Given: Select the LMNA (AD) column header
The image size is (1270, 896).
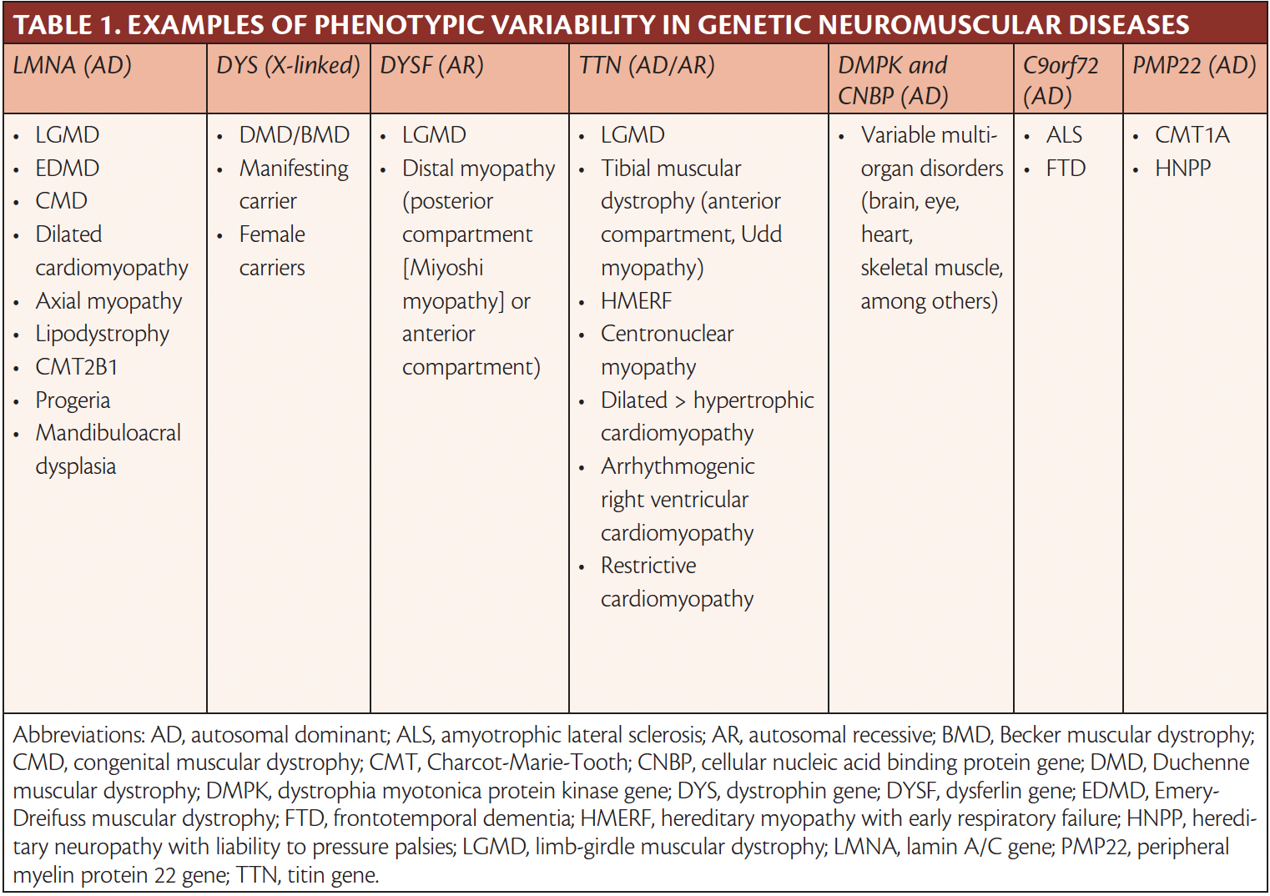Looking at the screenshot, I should [73, 65].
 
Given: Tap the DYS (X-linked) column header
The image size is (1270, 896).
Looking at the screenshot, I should [288, 65].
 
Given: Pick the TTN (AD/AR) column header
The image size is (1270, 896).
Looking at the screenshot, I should [647, 65].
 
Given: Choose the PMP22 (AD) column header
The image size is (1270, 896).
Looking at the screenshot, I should [1193, 65].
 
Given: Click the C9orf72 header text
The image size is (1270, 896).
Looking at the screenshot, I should [1061, 65].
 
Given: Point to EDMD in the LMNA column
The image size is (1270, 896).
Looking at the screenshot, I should [67, 169].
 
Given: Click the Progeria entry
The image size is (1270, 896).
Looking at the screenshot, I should [73, 400].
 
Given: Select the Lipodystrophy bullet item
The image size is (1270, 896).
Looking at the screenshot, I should [102, 334].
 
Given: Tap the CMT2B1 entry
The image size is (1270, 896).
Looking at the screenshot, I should [77, 367].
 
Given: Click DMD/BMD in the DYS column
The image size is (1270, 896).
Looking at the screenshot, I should [294, 135].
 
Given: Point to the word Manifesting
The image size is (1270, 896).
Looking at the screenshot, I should [294, 169].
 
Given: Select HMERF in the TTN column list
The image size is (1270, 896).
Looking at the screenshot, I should [636, 301].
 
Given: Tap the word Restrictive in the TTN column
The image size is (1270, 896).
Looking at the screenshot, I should [648, 566].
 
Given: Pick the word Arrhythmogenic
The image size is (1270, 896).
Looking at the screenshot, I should [678, 466].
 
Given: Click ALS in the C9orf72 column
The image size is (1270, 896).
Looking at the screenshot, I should [1064, 135].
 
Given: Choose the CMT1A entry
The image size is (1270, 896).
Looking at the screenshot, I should [1192, 135].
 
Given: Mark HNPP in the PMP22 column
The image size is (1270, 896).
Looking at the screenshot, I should [1182, 169].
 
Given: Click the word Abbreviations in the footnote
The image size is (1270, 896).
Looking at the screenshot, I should [79, 735].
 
